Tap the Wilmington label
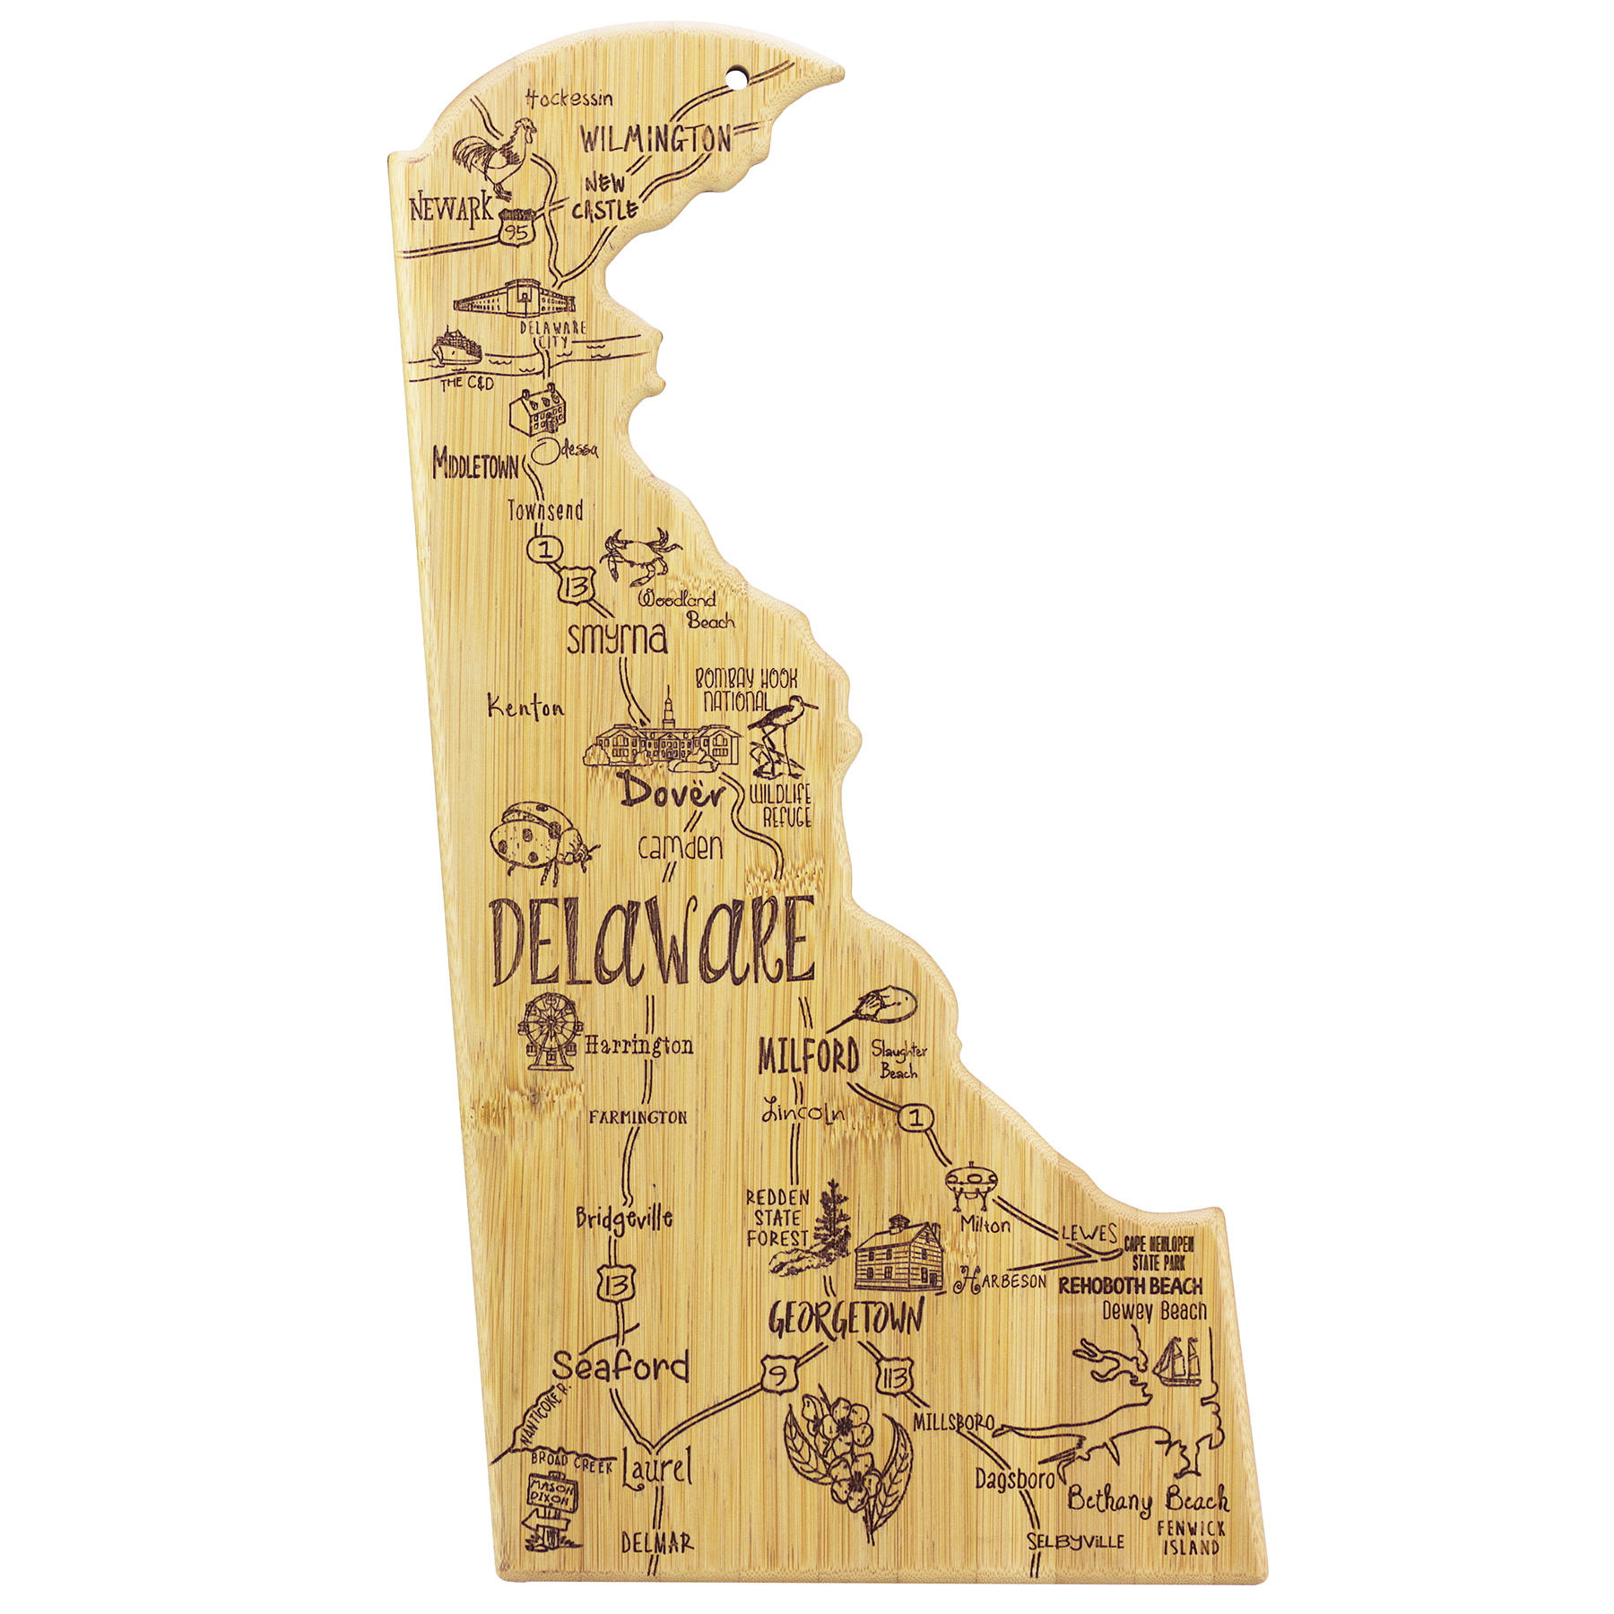[655, 139]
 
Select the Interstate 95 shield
[516, 230]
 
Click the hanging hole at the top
[738, 79]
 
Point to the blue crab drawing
[638, 556]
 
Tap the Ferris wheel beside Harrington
[549, 1031]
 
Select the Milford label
[808, 1056]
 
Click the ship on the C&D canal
[456, 348]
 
